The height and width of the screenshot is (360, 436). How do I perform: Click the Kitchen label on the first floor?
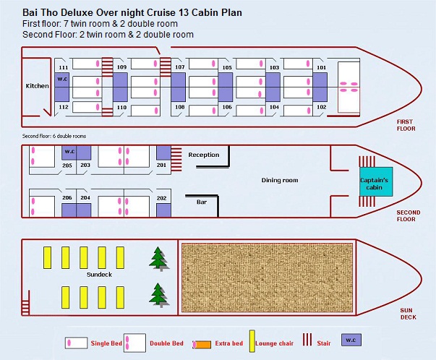tap(38, 86)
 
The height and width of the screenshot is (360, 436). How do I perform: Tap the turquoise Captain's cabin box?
tap(376, 181)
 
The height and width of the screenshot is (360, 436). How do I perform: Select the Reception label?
tap(204, 155)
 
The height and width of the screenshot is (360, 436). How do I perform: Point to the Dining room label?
tap(280, 180)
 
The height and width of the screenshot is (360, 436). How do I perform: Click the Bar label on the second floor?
tap(202, 202)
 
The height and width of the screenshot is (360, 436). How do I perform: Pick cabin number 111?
tap(64, 67)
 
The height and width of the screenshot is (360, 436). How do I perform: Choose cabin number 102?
tap(322, 107)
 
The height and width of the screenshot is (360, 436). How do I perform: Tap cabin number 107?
tap(180, 67)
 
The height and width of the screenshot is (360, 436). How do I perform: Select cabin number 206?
tap(67, 197)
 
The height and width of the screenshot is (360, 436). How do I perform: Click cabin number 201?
tap(161, 165)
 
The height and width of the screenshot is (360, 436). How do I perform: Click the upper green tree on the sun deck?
tap(158, 259)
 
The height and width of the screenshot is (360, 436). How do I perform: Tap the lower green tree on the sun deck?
tap(158, 295)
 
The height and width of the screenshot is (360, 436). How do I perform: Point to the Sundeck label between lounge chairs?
tap(99, 275)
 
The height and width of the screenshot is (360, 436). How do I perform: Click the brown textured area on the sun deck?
tap(268, 278)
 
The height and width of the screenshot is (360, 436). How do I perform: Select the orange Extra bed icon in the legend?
tap(202, 345)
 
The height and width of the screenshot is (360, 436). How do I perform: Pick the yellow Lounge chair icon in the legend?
tap(252, 341)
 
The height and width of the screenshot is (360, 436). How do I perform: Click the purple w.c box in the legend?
tap(351, 340)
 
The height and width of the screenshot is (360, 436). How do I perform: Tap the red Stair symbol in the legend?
tap(307, 340)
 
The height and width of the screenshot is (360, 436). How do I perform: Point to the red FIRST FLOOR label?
tap(406, 125)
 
